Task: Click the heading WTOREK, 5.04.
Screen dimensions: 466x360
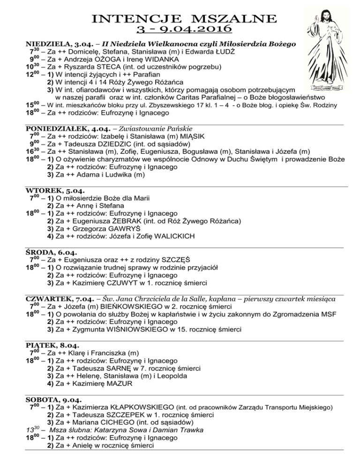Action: point(49,190)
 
